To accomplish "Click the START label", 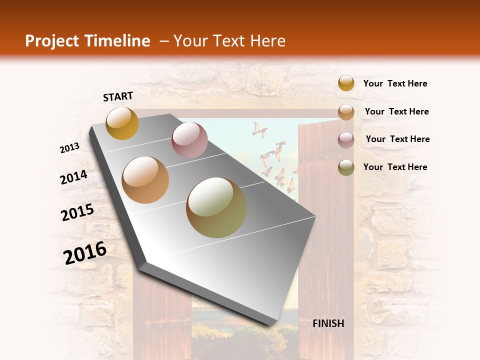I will (x=118, y=96).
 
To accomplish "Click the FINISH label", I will (x=328, y=323).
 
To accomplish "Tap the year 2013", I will (x=70, y=148).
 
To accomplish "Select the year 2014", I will (x=73, y=177).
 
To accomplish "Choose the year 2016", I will (x=85, y=253).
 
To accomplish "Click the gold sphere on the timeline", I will (x=122, y=123).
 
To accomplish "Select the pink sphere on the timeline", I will (x=189, y=140).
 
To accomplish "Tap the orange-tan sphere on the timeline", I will (x=145, y=180).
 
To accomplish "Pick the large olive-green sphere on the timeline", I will (x=216, y=207).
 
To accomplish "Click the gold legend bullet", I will (x=346, y=83).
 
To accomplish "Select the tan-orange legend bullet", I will (x=346, y=111).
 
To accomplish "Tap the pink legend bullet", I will (x=346, y=139).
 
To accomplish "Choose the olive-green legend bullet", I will (x=346, y=167).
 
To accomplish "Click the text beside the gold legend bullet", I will (x=395, y=83).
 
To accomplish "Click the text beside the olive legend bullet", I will (x=395, y=167).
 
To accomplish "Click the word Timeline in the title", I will (x=117, y=41).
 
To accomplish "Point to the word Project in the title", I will (x=53, y=41).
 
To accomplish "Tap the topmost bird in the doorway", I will (x=259, y=129).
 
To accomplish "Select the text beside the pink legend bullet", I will (x=397, y=139).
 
